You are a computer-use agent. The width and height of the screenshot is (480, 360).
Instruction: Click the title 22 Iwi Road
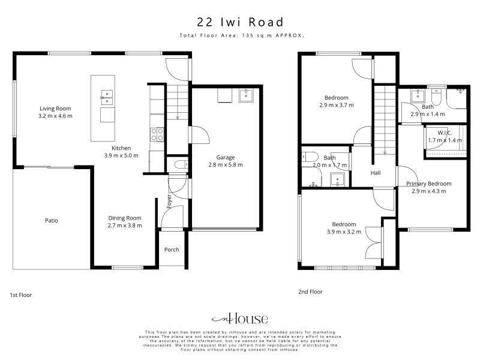[x=241, y=22]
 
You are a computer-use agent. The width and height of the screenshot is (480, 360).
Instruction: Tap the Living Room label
[x=55, y=109]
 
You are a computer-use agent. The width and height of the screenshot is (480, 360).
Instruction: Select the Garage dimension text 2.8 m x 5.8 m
[x=226, y=164]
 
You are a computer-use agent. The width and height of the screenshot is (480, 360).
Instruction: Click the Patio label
[x=52, y=220]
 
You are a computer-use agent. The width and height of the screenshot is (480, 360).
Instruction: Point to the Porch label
[x=172, y=250]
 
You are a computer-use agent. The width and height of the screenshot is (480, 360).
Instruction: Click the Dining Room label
[x=125, y=218]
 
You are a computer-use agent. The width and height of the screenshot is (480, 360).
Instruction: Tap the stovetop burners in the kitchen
[x=157, y=134]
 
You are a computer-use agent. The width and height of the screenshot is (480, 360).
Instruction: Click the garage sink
[x=246, y=95]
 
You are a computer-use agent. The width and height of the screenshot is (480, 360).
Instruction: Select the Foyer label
[x=169, y=202]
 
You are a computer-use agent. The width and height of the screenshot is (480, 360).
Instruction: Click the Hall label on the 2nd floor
[x=376, y=173]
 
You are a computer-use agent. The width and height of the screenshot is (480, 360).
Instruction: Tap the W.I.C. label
[x=445, y=133]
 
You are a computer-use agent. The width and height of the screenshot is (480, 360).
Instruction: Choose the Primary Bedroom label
[x=429, y=184]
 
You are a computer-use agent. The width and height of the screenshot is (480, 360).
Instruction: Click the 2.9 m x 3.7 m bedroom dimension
[x=337, y=105]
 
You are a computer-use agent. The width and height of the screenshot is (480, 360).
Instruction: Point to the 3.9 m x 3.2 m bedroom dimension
[x=344, y=232]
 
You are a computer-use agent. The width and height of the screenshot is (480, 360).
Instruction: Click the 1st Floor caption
[x=21, y=295]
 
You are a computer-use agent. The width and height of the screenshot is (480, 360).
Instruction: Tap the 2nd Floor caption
[x=310, y=292]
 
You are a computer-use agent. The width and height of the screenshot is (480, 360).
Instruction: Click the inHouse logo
[x=239, y=319]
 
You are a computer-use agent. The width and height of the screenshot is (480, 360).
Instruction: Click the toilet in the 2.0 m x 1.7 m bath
[x=310, y=157]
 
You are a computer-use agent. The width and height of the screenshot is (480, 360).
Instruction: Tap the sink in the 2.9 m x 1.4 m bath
[x=418, y=96]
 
